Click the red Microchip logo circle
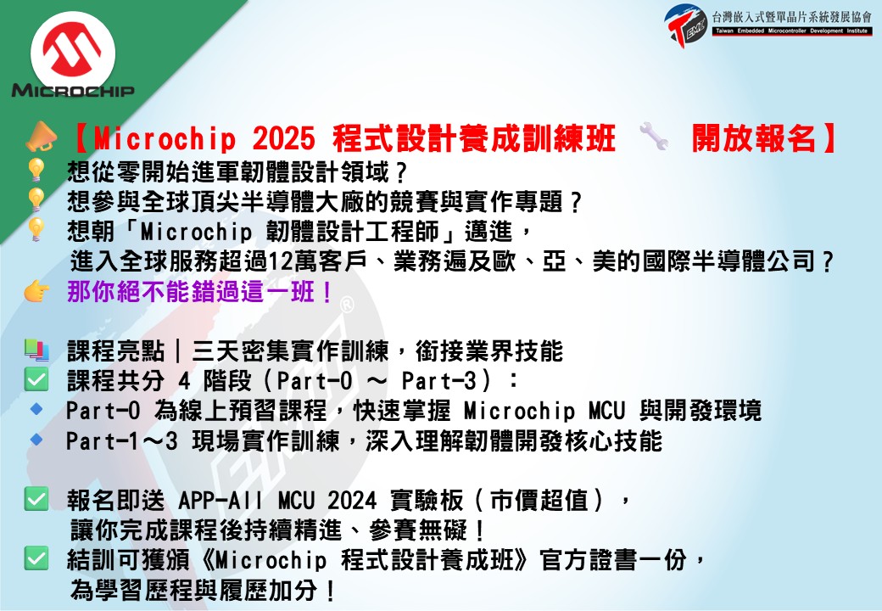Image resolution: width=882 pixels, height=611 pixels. tap(73, 53)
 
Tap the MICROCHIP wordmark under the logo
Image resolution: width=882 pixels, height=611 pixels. tap(73, 90)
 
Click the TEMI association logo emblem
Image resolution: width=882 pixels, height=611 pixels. tap(686, 25)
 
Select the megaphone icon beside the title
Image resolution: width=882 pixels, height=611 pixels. tap(41, 137)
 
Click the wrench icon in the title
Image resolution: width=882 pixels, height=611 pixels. tap(654, 137)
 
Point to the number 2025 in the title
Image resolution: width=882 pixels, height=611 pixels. tap(283, 137)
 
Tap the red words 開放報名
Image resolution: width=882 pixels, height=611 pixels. tap(754, 137)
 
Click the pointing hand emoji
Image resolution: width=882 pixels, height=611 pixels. tap(36, 291)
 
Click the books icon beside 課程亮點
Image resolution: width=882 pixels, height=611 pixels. tap(36, 350)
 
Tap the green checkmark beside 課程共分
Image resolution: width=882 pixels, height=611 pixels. tap(36, 380)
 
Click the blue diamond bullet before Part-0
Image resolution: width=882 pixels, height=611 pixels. tap(36, 409)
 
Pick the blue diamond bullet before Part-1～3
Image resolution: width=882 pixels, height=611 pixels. tap(36, 439)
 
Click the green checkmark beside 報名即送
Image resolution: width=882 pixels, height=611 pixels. tap(36, 499)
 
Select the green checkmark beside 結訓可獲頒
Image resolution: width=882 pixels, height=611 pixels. tap(36, 558)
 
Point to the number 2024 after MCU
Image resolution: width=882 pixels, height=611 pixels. tap(352, 500)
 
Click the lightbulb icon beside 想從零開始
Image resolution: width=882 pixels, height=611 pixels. tap(36, 170)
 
